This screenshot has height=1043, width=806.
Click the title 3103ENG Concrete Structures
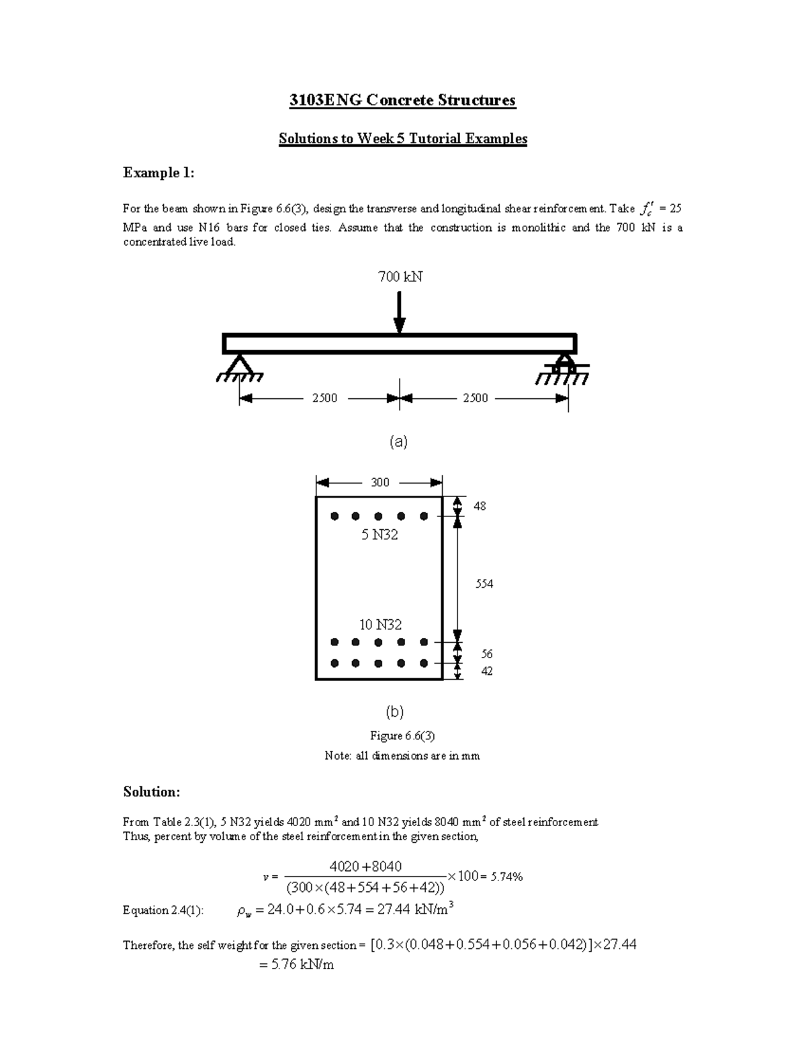[x=402, y=101]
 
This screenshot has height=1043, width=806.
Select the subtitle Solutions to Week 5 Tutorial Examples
[x=403, y=139]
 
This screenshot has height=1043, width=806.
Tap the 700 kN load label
[x=400, y=277]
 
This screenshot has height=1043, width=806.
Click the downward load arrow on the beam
[x=400, y=312]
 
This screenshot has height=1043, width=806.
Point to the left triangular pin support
[x=235, y=367]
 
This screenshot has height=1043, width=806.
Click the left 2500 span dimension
[x=324, y=398]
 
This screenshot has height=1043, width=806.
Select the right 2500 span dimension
[x=476, y=398]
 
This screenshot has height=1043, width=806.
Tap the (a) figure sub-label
[x=399, y=442]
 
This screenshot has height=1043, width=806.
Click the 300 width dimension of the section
[x=380, y=482]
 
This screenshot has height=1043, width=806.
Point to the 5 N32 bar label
[x=379, y=535]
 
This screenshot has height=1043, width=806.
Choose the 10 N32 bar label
[x=380, y=625]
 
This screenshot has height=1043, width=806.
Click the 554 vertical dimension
[x=484, y=584]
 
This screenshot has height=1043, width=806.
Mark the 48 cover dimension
[x=480, y=506]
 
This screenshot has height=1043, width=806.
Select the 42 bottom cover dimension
[x=486, y=671]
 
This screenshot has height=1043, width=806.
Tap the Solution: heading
[x=151, y=792]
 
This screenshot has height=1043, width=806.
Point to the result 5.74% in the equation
[x=506, y=876]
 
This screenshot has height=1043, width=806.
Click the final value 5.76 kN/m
[x=296, y=965]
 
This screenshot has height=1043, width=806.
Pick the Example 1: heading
[x=159, y=173]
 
